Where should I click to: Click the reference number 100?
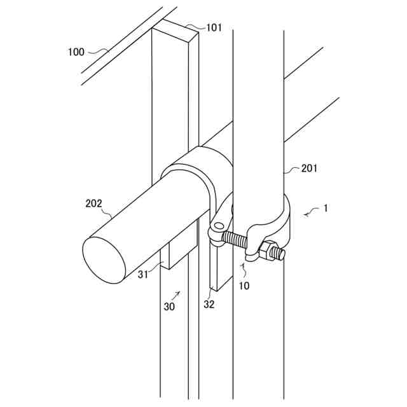76,52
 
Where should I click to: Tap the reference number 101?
214,28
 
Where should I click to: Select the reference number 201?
310,169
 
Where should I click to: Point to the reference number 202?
94,203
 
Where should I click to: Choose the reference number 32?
209,304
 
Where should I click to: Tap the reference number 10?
245,286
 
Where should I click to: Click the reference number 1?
326,208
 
